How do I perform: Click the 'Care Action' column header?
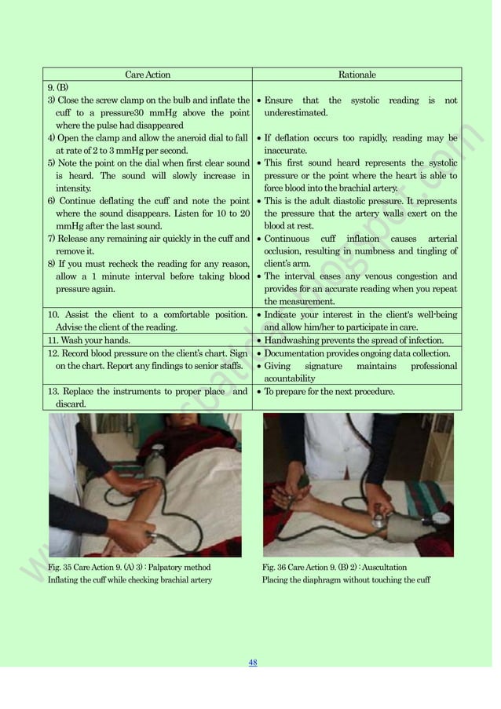click(x=148, y=75)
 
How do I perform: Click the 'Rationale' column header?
click(x=357, y=75)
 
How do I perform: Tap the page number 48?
click(x=253, y=662)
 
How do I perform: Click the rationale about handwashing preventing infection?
click(x=353, y=341)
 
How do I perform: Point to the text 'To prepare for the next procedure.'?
click(x=329, y=391)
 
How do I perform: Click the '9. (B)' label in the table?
click(x=59, y=87)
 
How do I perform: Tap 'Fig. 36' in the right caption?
click(x=274, y=567)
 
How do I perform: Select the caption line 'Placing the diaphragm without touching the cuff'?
click(x=346, y=580)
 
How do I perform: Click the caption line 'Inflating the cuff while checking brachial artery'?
click(x=130, y=580)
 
